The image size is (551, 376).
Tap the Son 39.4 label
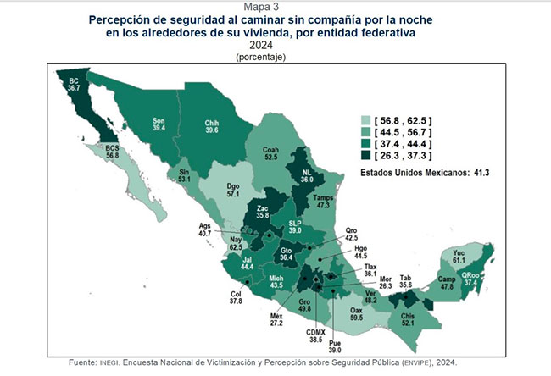(159, 124)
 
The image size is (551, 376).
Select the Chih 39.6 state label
(212, 126)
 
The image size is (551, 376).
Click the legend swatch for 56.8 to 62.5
(367, 121)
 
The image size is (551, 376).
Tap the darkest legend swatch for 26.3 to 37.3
(367, 157)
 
